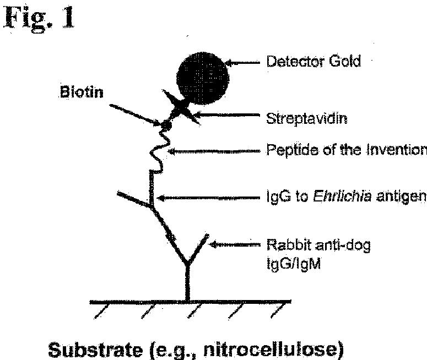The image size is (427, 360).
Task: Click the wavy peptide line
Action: (157, 151)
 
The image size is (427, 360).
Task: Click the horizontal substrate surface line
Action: (190, 302)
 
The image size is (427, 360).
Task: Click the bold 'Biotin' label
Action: (82, 91)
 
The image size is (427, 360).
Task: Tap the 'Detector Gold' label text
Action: (314, 61)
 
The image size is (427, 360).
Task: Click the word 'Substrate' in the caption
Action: (93, 350)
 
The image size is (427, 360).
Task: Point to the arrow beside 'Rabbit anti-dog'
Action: (235, 243)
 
